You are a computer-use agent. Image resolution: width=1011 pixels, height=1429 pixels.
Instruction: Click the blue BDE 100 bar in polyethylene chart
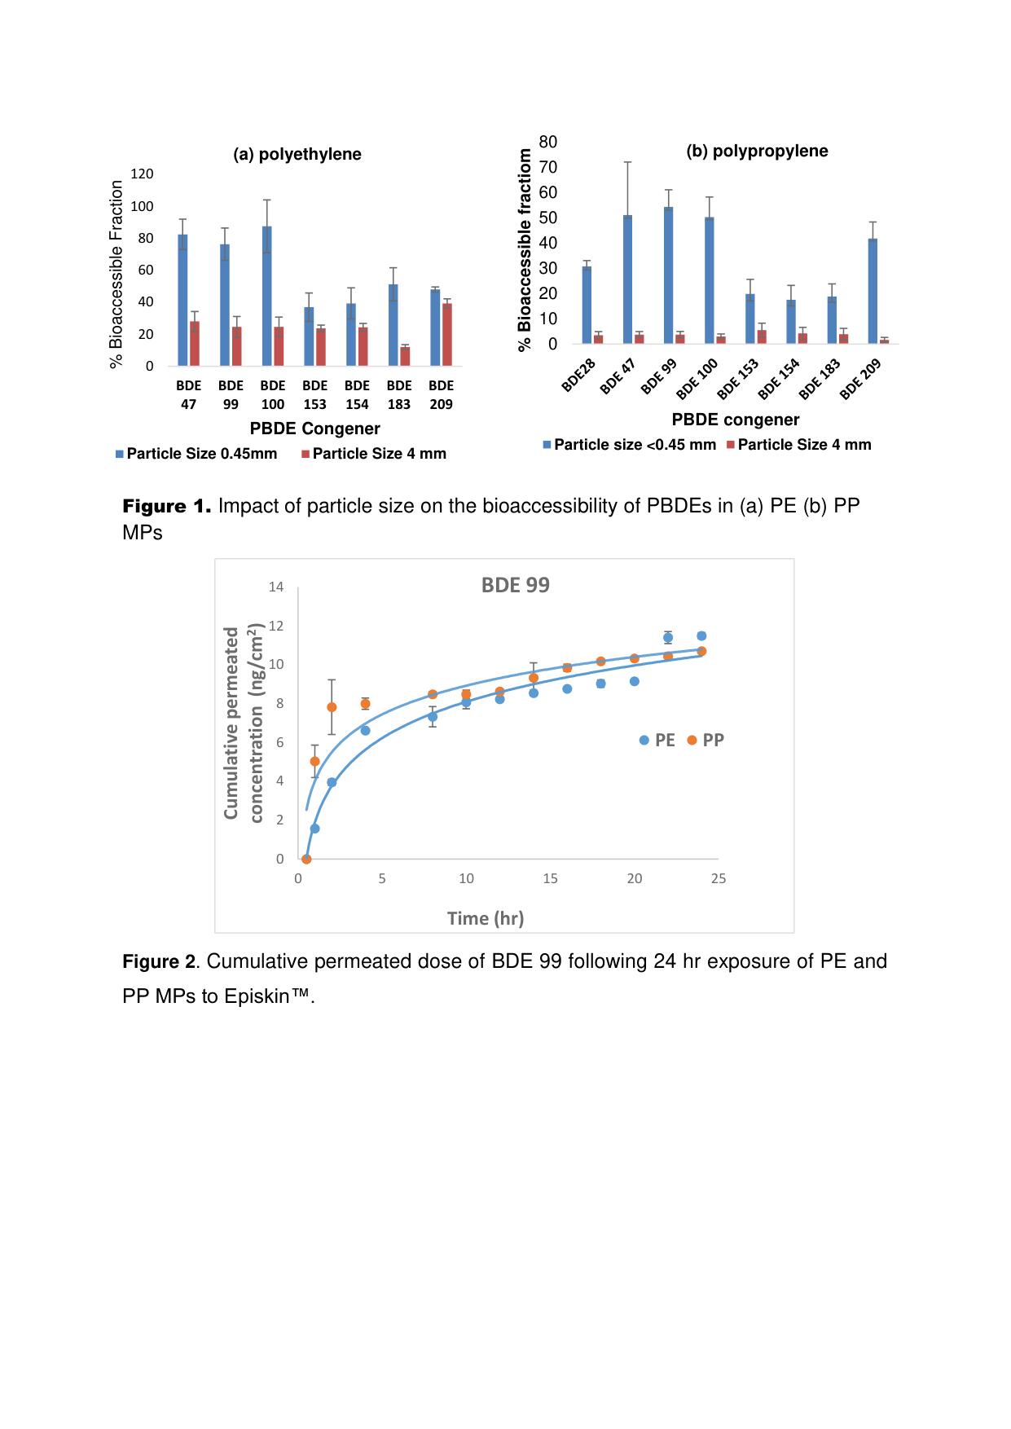(267, 297)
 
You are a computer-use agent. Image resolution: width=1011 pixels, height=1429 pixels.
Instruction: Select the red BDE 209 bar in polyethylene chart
(447, 335)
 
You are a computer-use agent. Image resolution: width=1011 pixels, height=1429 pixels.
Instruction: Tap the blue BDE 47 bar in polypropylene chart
(627, 279)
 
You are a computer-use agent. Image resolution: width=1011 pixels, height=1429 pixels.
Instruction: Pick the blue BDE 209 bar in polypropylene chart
(873, 291)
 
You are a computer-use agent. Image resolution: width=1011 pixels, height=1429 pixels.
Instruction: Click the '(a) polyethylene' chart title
(297, 155)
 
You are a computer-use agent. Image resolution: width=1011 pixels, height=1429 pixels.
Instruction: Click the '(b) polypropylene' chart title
(757, 152)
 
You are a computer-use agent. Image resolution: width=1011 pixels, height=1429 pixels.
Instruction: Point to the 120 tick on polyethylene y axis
(142, 174)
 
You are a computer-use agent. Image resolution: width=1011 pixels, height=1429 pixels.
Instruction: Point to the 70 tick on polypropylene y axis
(548, 168)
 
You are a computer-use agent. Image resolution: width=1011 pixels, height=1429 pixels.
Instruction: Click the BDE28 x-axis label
(579, 375)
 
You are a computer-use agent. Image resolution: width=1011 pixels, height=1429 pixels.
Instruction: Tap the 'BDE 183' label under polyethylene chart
(399, 394)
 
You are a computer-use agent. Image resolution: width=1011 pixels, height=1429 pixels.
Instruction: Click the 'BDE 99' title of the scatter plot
(516, 586)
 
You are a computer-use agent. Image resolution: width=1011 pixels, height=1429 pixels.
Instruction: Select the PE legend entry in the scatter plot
(657, 740)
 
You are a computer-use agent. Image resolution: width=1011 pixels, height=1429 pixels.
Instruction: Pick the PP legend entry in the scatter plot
(706, 740)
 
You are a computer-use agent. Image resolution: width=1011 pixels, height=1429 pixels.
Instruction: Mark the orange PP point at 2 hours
(332, 707)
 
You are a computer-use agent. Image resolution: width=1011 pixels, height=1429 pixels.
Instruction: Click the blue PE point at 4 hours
(365, 731)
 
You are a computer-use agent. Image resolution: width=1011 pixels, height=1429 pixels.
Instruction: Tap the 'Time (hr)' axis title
(486, 918)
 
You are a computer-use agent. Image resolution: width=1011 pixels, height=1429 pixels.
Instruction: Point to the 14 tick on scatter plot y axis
(276, 587)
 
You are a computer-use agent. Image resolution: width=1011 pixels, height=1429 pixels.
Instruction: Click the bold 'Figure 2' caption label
(159, 961)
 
